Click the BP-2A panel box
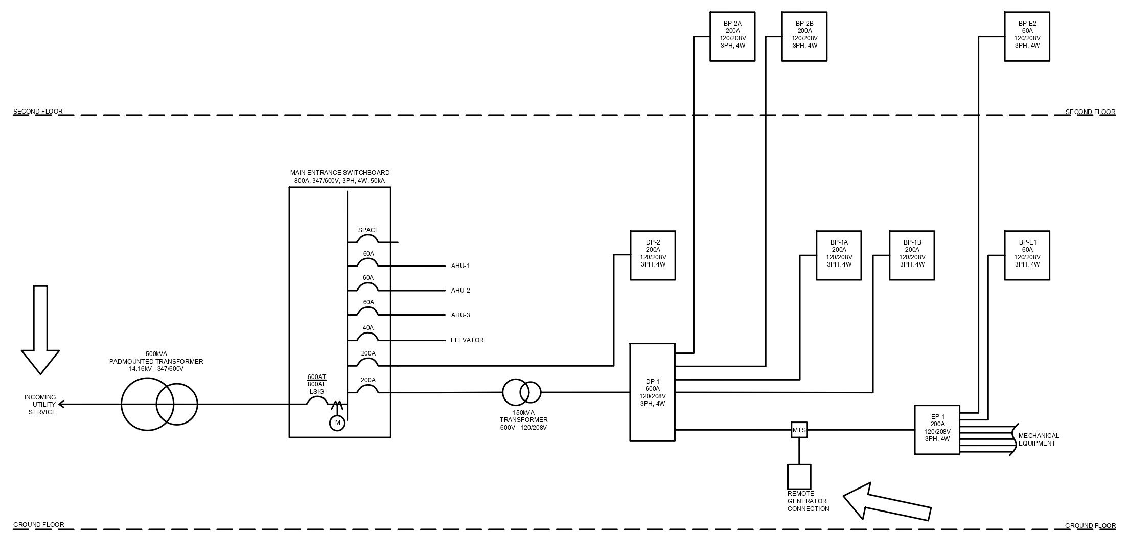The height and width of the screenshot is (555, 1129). coord(732,37)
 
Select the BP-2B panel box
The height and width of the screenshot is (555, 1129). coord(804,37)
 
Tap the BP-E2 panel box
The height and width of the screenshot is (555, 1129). coord(1027,37)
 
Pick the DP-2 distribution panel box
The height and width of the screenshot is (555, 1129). coord(653,255)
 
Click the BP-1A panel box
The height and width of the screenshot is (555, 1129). coord(839,255)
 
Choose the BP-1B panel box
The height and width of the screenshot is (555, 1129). coord(912,255)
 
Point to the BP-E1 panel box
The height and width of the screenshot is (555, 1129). coord(1027,255)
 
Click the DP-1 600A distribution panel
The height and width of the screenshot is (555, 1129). coord(653,392)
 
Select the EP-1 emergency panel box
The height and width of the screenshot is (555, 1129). coord(937,430)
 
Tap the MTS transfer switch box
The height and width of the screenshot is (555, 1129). coord(799,430)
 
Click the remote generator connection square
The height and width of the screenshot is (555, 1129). coord(799,477)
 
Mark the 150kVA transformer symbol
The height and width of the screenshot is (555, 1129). coord(521,392)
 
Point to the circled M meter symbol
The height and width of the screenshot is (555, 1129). coord(337,423)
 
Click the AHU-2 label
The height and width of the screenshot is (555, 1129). coord(460,291)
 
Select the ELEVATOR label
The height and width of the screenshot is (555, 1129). coord(467,340)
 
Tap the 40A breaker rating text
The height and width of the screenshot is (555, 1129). coord(368,328)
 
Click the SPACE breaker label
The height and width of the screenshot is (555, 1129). coord(368,230)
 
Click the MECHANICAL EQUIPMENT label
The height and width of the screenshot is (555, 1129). coord(1039,439)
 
